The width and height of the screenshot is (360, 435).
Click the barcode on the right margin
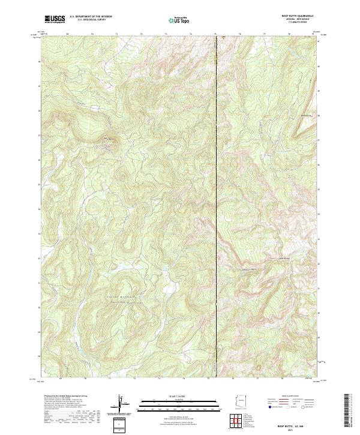[x=347, y=413]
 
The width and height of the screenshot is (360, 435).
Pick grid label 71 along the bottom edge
[x=110, y=379]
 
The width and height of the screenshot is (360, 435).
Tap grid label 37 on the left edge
[x=40, y=135]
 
